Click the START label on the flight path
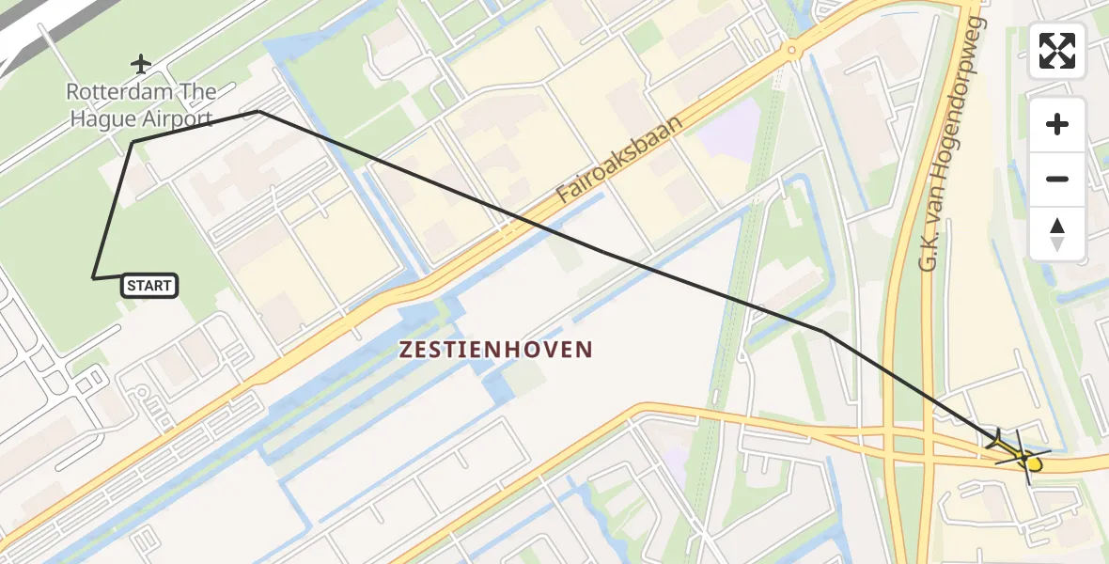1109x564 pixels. [x=149, y=285]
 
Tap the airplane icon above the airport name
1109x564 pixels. [x=141, y=64]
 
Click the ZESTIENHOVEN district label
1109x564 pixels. [x=496, y=350]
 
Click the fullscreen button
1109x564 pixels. [x=1057, y=51]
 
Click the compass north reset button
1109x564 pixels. [x=1057, y=233]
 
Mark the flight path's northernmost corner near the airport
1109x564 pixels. [x=258, y=112]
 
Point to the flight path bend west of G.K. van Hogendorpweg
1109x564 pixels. [x=822, y=331]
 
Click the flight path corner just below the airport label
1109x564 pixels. [x=133, y=142]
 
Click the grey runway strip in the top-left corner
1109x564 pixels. [x=38, y=38]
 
